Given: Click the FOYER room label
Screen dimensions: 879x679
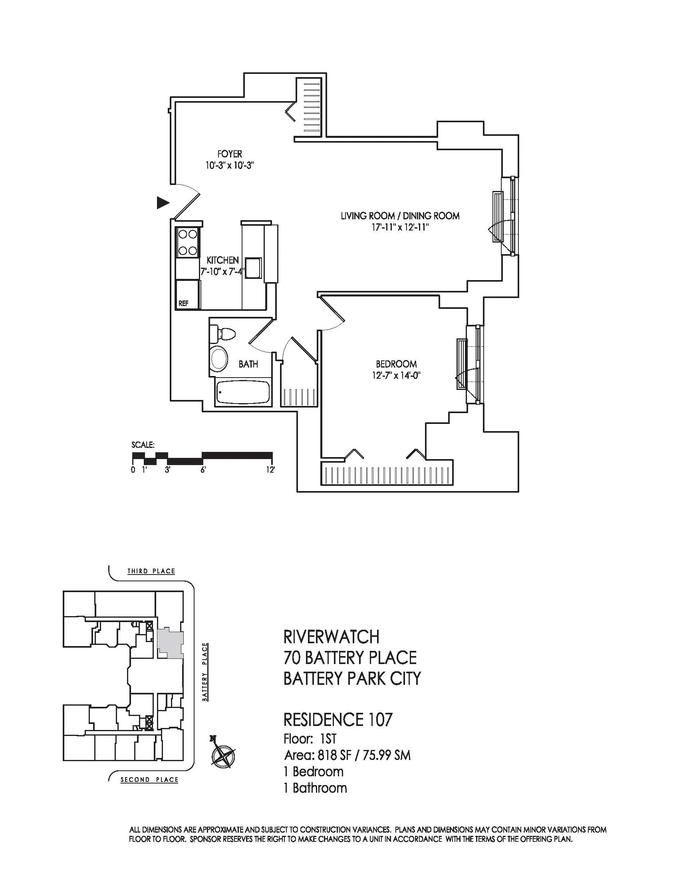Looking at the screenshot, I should pyautogui.click(x=230, y=154).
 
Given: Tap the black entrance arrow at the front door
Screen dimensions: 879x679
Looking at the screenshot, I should pyautogui.click(x=163, y=203).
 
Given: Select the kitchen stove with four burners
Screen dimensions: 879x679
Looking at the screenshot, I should pyautogui.click(x=188, y=243).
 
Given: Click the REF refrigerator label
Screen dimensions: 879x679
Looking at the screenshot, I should pyautogui.click(x=183, y=304).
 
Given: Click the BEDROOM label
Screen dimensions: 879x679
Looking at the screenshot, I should pyautogui.click(x=396, y=364).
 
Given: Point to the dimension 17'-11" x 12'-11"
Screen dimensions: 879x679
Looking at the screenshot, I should pyautogui.click(x=400, y=227).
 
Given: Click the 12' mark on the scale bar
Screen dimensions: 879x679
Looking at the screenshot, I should pyautogui.click(x=270, y=470).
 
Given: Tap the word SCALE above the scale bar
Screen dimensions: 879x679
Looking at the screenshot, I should pyautogui.click(x=143, y=445).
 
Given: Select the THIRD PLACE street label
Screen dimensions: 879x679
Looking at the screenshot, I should pyautogui.click(x=151, y=571).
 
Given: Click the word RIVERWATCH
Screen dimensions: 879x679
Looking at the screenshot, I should pyautogui.click(x=331, y=637).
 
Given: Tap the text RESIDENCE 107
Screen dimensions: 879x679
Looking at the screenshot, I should pyautogui.click(x=338, y=719).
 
